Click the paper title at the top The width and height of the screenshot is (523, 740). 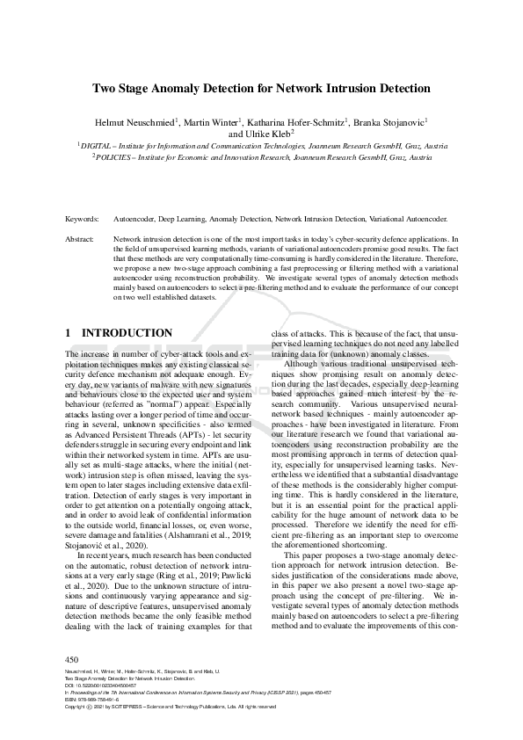(x=261, y=88)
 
